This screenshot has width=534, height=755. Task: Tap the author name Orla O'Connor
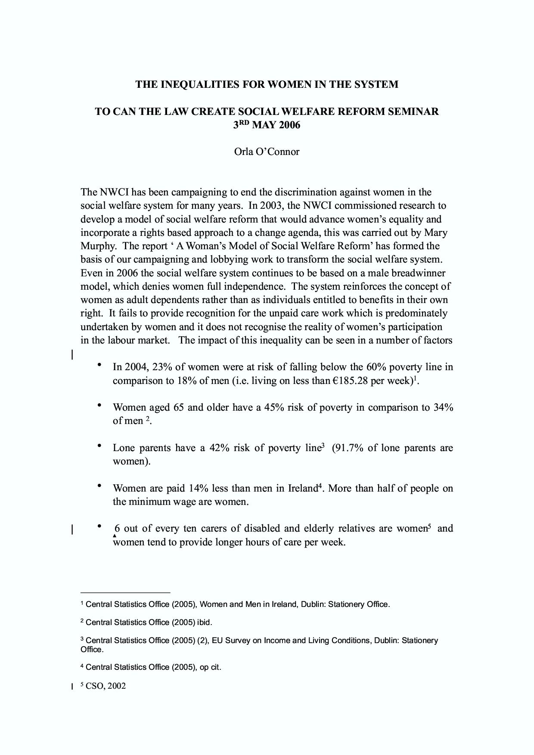267,152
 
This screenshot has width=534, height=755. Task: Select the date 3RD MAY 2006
267,125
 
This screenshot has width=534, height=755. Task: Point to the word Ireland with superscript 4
303,489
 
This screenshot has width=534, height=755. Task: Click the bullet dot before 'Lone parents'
100,446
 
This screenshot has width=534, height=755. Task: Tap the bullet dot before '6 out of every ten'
100,526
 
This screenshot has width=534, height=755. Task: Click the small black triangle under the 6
115,535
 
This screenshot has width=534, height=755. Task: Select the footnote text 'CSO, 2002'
106,686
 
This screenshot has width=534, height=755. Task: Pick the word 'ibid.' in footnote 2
205,622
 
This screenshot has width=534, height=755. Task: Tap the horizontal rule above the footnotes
125,592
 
